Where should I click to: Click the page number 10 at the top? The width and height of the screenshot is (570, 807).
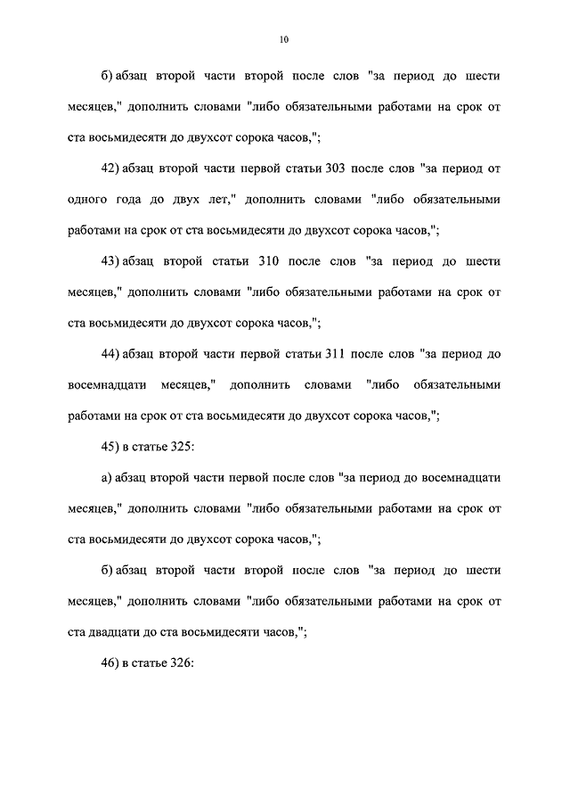pyautogui.click(x=284, y=39)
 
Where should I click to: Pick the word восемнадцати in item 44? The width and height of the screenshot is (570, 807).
pyautogui.click(x=110, y=385)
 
